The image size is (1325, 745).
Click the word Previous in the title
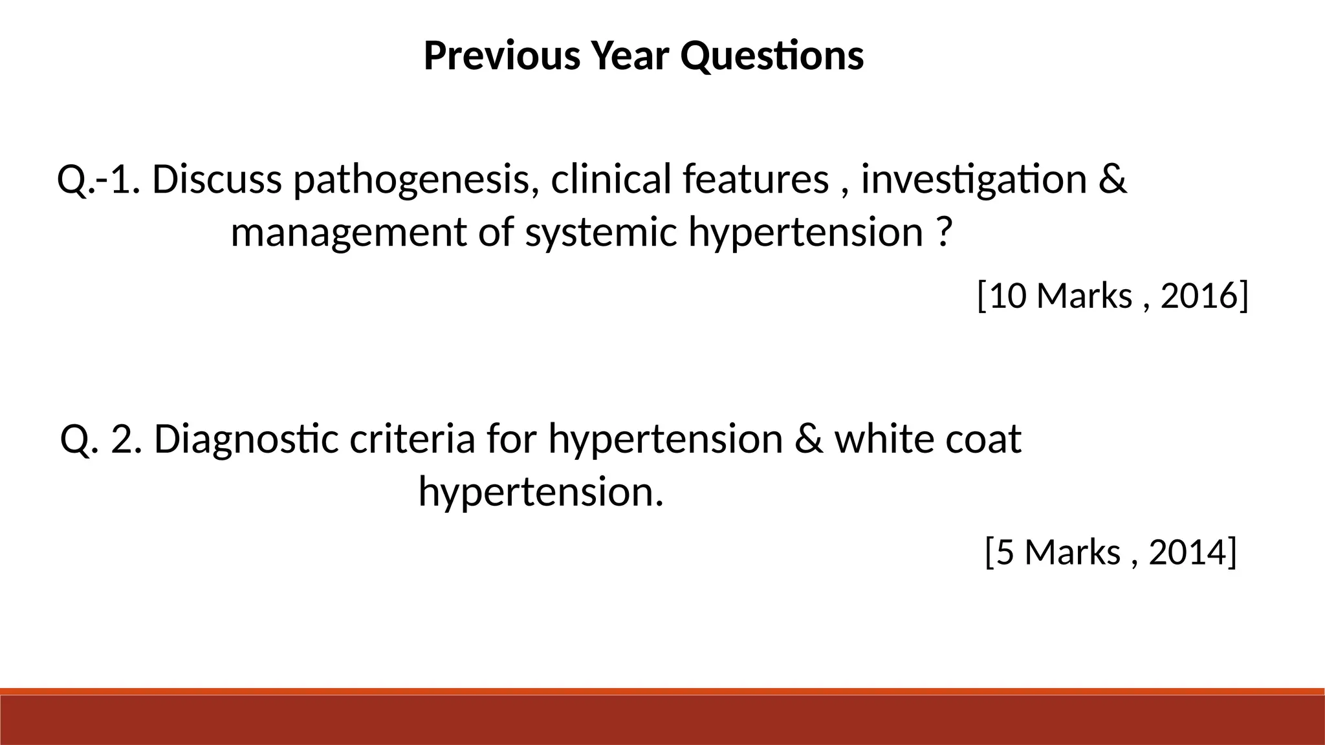pyautogui.click(x=501, y=56)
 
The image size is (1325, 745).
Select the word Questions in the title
pyautogui.click(x=772, y=56)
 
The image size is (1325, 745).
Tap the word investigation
pyautogui.click(x=974, y=180)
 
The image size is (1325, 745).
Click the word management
pyautogui.click(x=348, y=233)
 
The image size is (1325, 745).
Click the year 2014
pyautogui.click(x=1188, y=552)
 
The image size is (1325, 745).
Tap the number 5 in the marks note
pyautogui.click(x=1005, y=552)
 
